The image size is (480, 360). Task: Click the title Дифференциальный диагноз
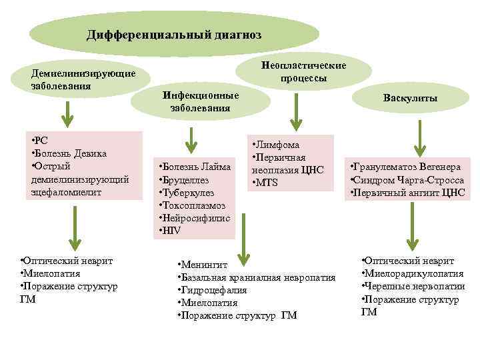(174, 33)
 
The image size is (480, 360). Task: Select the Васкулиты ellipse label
(410, 99)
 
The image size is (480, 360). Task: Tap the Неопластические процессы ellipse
(303, 72)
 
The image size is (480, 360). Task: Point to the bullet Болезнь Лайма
(195, 167)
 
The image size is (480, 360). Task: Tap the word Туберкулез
(188, 193)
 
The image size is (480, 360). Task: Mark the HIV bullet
(173, 231)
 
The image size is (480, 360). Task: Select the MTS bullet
(268, 183)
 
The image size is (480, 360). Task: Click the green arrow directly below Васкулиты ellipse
(419, 136)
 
